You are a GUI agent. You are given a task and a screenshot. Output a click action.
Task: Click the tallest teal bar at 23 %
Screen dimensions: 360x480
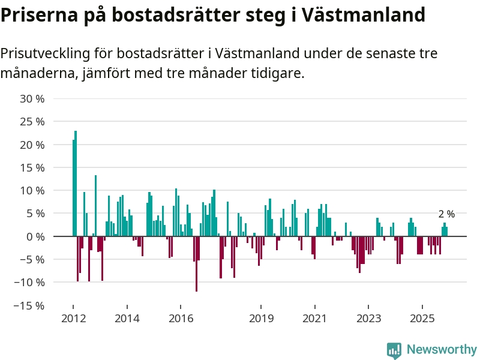pyautogui.click(x=76, y=183)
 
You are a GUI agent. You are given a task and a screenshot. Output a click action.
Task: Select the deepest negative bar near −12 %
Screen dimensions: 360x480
pyautogui.click(x=196, y=264)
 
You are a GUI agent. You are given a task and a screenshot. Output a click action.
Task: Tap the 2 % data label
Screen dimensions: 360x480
pyautogui.click(x=446, y=214)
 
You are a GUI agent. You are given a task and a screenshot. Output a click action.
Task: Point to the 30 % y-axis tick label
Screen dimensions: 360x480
pyautogui.click(x=33, y=99)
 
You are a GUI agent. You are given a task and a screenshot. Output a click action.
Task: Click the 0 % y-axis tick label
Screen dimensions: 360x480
pyautogui.click(x=35, y=236)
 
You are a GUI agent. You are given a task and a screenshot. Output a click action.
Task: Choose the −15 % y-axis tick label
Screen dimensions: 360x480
pyautogui.click(x=30, y=305)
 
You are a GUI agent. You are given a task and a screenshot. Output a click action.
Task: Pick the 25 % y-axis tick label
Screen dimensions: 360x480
pyautogui.click(x=33, y=122)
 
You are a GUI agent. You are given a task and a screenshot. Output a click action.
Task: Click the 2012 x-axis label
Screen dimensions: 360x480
pyautogui.click(x=73, y=318)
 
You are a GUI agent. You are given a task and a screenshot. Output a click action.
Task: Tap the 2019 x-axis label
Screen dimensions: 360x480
pyautogui.click(x=260, y=318)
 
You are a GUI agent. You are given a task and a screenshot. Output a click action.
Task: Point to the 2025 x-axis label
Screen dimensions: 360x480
pyautogui.click(x=422, y=318)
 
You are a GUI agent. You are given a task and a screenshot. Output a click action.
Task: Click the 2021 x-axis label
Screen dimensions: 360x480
pyautogui.click(x=314, y=318)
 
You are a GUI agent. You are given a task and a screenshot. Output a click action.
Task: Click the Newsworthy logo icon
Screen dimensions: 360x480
pyautogui.click(x=394, y=350)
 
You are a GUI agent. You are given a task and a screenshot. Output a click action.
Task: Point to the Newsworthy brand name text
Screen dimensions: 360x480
pyautogui.click(x=442, y=349)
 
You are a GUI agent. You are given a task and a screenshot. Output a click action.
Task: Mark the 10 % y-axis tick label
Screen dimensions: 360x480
pyautogui.click(x=33, y=191)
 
